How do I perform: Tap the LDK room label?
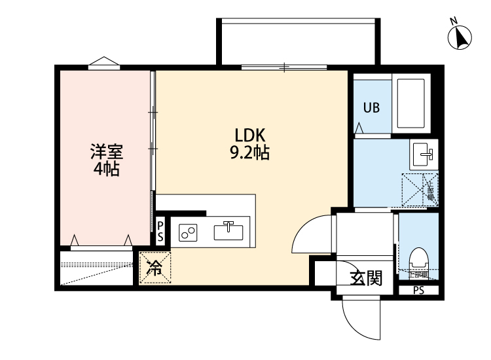(x=249, y=136)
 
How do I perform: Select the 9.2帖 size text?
(x=249, y=154)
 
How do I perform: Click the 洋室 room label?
(x=106, y=153)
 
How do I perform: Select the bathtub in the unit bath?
(x=412, y=105)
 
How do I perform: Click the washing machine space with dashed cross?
(x=420, y=190)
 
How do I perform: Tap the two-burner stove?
(x=189, y=232)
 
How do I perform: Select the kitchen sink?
(x=228, y=231)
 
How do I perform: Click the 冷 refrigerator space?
(x=155, y=268)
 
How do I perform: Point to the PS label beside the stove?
(x=160, y=230)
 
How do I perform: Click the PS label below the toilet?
(x=418, y=290)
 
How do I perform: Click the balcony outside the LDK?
(x=298, y=42)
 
